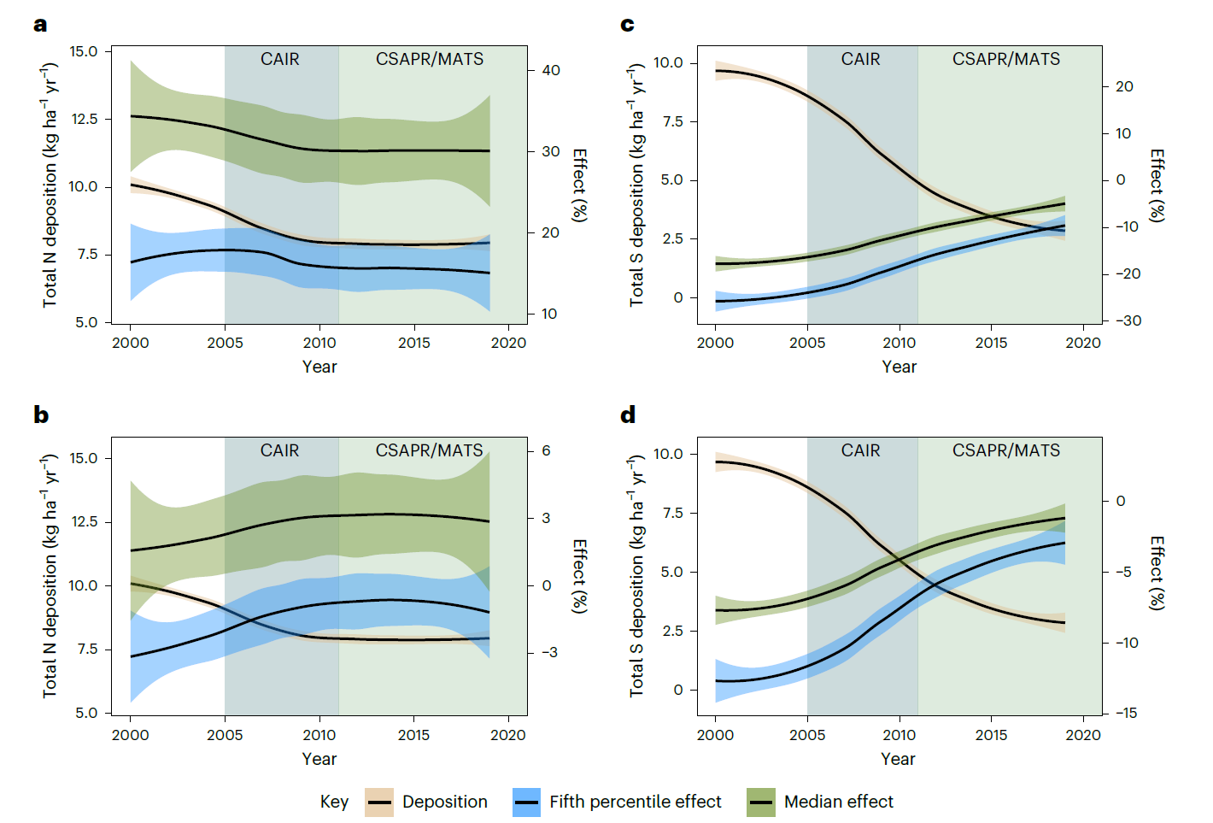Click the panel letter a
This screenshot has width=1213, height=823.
coord(40,25)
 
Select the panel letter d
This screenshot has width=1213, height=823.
coord(628,415)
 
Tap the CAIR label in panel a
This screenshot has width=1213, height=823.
coord(280,59)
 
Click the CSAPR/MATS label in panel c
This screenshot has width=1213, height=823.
coord(1005,59)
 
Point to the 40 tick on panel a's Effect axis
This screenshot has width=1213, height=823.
coord(551,70)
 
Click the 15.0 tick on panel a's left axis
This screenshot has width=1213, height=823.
coord(84,51)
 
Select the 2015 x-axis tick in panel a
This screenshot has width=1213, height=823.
coord(414,343)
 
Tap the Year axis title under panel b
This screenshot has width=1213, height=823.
coord(319,759)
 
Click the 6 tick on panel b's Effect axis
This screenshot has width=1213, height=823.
coord(546,450)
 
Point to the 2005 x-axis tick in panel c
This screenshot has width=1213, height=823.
coord(807,343)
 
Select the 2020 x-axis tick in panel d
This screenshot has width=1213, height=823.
coord(1083,735)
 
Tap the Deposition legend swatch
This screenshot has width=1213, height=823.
coord(379,802)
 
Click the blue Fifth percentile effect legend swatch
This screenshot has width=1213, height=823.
coord(526,802)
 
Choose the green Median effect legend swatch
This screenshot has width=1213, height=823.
coord(760,802)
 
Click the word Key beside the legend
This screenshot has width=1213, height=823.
coord(334,802)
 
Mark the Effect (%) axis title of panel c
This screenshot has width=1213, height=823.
coord(1157,185)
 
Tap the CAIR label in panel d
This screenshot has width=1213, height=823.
coord(860,450)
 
